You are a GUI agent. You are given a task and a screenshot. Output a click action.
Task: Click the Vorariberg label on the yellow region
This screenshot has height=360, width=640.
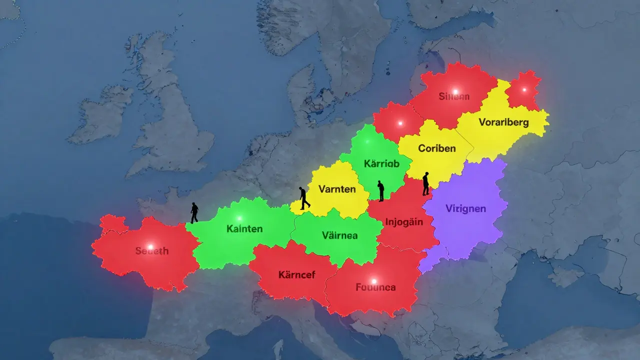click(x=503, y=122)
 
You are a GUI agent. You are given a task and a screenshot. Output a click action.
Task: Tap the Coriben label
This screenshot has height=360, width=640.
click(x=437, y=148)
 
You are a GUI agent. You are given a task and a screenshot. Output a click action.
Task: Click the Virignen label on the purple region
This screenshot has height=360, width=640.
click(x=465, y=208)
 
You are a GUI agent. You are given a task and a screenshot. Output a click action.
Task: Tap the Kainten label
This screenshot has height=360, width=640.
click(x=244, y=228)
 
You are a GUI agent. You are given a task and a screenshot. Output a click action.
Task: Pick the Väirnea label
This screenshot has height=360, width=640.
click(x=339, y=234)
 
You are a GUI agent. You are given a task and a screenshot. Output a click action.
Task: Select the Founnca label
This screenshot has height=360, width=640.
click(x=375, y=287)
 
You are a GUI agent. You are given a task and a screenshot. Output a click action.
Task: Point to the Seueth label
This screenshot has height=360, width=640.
click(x=151, y=251)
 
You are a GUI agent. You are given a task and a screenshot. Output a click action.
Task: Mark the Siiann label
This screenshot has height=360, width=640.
click(x=454, y=96)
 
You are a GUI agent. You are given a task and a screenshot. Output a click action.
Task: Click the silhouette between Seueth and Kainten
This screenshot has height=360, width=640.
click(x=194, y=213)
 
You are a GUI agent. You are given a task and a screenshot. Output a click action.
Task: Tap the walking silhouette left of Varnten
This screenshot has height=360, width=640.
click(x=304, y=198)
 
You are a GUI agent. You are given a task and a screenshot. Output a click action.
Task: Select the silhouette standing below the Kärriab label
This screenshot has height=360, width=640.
click(x=380, y=191)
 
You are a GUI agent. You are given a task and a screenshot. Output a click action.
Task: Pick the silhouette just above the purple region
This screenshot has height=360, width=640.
click(x=426, y=183)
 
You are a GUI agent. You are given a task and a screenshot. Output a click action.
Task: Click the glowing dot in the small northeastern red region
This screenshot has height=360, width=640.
click(x=524, y=90)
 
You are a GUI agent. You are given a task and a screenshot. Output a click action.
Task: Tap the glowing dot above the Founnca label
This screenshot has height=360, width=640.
click(x=373, y=281)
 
